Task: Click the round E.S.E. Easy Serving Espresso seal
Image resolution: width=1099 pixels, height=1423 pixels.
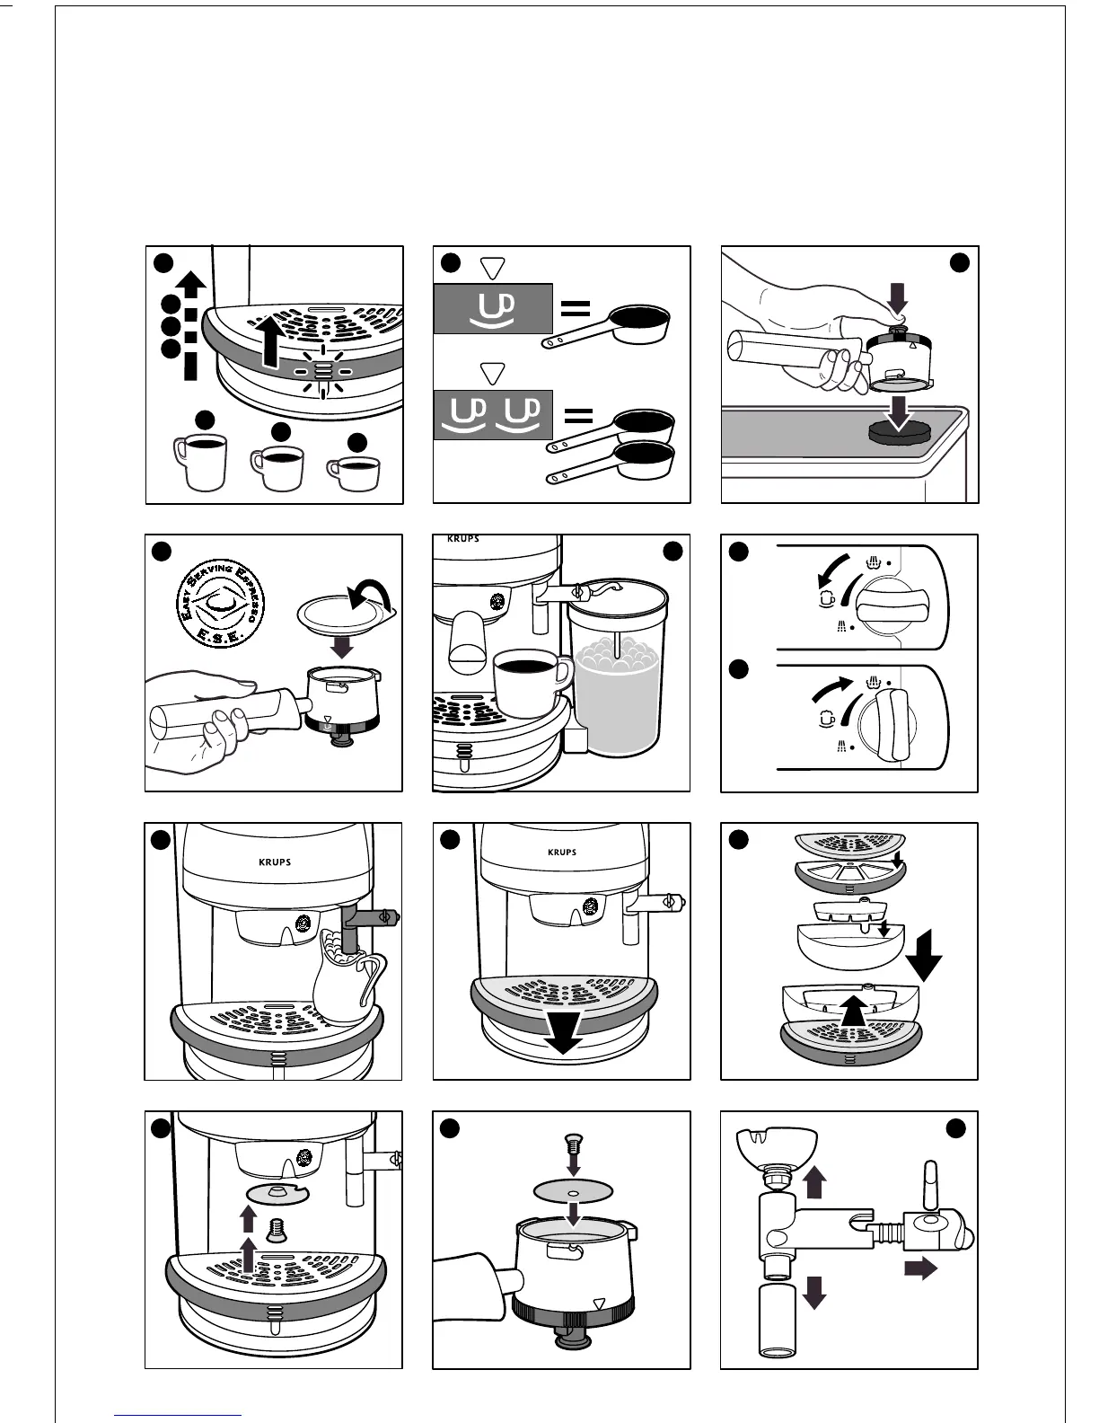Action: [216, 601]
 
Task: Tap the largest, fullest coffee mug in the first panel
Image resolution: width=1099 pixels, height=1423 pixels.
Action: [200, 461]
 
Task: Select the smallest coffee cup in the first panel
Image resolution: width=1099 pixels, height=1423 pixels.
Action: [354, 474]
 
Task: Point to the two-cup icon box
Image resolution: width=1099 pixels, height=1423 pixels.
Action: [492, 415]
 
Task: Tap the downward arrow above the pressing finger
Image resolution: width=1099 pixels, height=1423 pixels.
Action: [897, 298]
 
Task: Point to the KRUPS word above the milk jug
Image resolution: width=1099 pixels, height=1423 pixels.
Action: [274, 862]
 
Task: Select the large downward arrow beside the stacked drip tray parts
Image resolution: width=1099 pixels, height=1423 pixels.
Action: [924, 963]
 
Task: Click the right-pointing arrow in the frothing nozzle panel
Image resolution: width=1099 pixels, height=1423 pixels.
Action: [920, 1268]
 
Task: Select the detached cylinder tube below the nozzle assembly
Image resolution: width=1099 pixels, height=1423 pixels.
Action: [778, 1320]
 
